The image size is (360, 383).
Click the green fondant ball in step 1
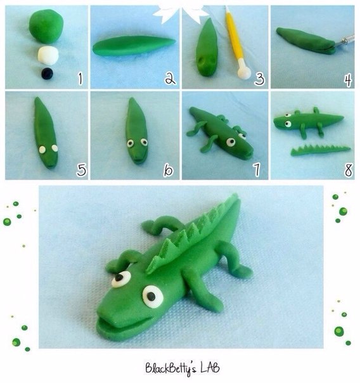(x=46, y=27)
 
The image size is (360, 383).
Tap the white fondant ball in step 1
(x=48, y=56)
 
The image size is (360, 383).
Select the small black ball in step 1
(x=47, y=74)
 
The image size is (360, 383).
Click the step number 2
(x=170, y=79)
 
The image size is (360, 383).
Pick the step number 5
(x=81, y=170)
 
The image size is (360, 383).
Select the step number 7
(x=256, y=169)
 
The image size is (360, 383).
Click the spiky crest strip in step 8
(x=321, y=150)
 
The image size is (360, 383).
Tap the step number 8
(x=349, y=170)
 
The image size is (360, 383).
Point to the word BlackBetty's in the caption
(x=170, y=369)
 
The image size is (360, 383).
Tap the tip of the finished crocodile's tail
(x=236, y=195)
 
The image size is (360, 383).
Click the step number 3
(x=259, y=79)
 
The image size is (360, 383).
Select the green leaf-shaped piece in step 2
(x=134, y=46)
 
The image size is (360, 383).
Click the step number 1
(x=80, y=79)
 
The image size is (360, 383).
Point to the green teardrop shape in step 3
(x=207, y=48)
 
